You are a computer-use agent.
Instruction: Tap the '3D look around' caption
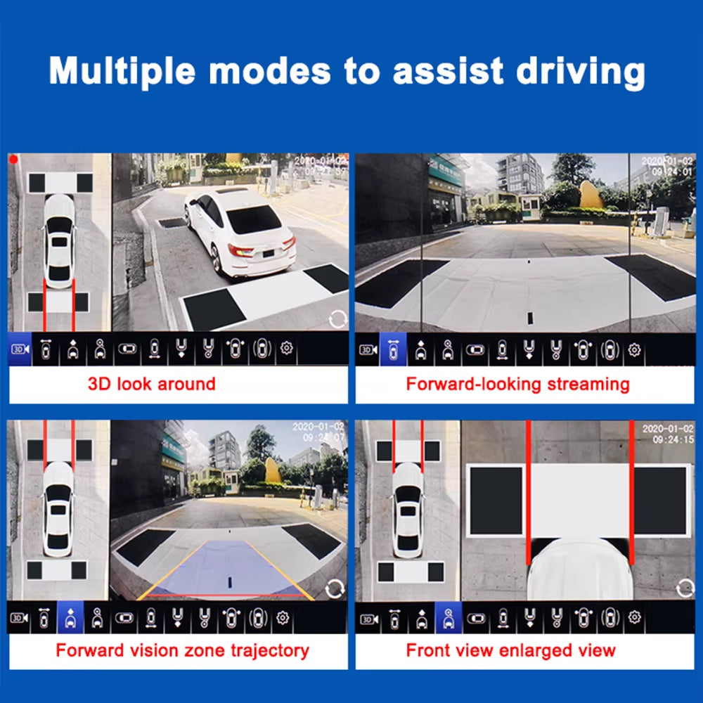pos(151,384)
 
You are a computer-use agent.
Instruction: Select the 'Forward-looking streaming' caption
pos(517,384)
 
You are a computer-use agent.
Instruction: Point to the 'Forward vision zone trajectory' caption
pos(182,650)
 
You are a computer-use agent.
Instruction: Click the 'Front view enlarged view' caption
pos(510,650)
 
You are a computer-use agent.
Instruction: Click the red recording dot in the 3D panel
pos(13,160)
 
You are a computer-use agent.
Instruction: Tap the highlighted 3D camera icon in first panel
pos(19,349)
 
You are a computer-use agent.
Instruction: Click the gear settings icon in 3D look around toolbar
pos(287,349)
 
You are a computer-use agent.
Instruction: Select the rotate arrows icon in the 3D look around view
pos(338,319)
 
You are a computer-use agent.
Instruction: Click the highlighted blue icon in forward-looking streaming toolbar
pos(393,349)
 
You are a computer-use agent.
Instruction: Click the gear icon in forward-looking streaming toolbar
pos(634,349)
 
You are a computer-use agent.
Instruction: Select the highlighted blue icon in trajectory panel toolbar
pos(70,618)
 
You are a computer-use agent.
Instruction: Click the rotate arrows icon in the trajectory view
pos(335,588)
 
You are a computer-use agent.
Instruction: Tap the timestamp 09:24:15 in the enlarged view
pos(673,439)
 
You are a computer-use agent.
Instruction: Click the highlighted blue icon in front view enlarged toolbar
pos(448,618)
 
